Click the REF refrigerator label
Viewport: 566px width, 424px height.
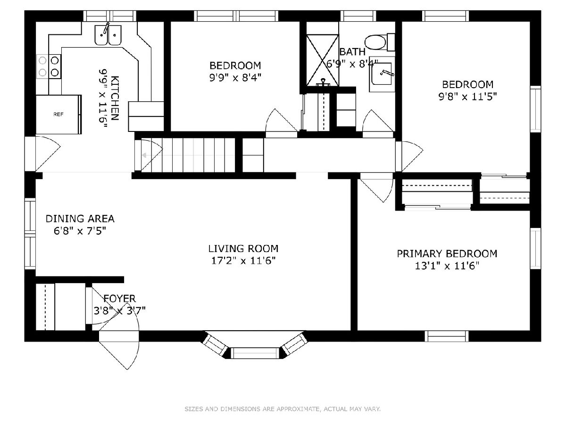58,114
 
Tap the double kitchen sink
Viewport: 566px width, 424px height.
108,34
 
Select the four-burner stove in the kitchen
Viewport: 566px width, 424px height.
49,66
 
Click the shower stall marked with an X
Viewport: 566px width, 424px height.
322,60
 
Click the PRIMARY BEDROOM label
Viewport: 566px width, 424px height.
447,253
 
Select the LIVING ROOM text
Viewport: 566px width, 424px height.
243,248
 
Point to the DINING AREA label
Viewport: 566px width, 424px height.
80,219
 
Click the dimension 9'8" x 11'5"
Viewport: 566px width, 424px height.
467,97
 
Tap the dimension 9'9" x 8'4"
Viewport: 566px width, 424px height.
235,77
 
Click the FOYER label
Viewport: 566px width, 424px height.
119,298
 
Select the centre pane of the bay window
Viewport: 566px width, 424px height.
255,353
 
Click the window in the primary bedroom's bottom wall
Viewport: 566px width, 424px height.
447,336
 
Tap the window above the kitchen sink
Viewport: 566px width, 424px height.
110,16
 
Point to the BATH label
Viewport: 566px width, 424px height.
352,52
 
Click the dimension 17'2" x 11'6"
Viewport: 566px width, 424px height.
243,261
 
